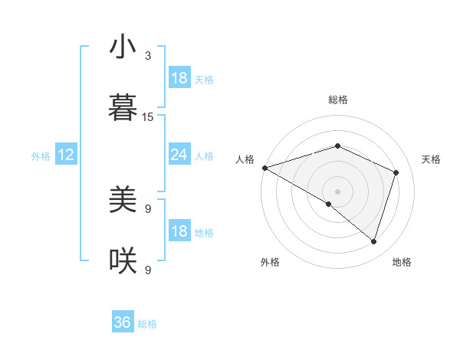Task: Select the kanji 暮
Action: click(123, 108)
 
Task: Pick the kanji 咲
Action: click(123, 261)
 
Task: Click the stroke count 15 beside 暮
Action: click(148, 117)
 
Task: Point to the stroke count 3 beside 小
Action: click(148, 56)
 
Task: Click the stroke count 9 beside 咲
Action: click(148, 270)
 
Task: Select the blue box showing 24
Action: click(179, 155)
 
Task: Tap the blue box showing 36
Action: click(123, 322)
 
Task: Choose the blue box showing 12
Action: click(65, 155)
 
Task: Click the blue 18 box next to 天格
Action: click(179, 78)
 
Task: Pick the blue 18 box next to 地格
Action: click(179, 231)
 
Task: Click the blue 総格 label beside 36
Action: click(147, 324)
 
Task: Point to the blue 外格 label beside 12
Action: click(41, 156)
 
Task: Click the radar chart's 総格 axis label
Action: click(337, 100)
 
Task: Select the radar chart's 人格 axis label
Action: click(245, 159)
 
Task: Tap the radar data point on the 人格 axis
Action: click(264, 168)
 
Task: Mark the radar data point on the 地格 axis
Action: click(373, 241)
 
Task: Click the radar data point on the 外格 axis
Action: click(328, 204)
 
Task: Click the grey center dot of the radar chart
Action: click(337, 191)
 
